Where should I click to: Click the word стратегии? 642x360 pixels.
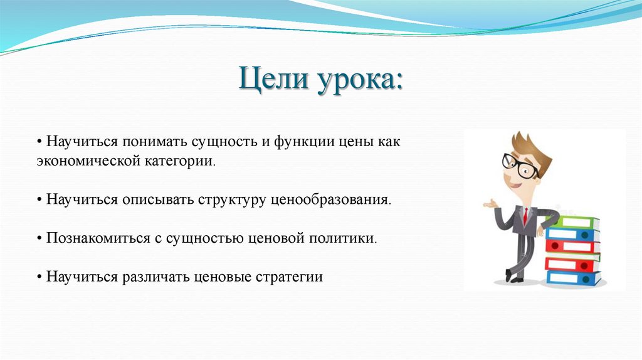[x=289, y=277]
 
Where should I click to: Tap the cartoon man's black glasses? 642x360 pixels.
[x=520, y=166]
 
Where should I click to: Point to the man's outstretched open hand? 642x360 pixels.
[x=489, y=204]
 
